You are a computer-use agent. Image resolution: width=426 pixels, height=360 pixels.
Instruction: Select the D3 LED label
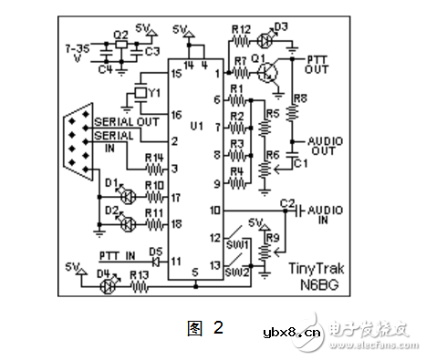(279, 26)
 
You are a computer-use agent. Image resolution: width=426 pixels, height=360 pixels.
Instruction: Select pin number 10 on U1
(214, 210)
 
